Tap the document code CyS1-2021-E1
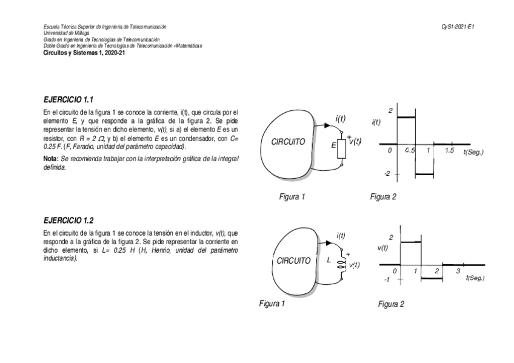click(x=458, y=27)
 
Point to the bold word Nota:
click(x=51, y=158)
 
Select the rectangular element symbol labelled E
click(x=341, y=150)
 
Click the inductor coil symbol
click(x=341, y=265)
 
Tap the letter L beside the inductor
click(x=328, y=261)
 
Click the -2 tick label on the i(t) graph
click(x=388, y=174)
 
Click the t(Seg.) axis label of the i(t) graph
click(x=473, y=152)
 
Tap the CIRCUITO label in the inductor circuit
click(x=293, y=261)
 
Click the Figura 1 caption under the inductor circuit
click(x=272, y=304)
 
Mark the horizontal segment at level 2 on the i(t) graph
click(x=406, y=117)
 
